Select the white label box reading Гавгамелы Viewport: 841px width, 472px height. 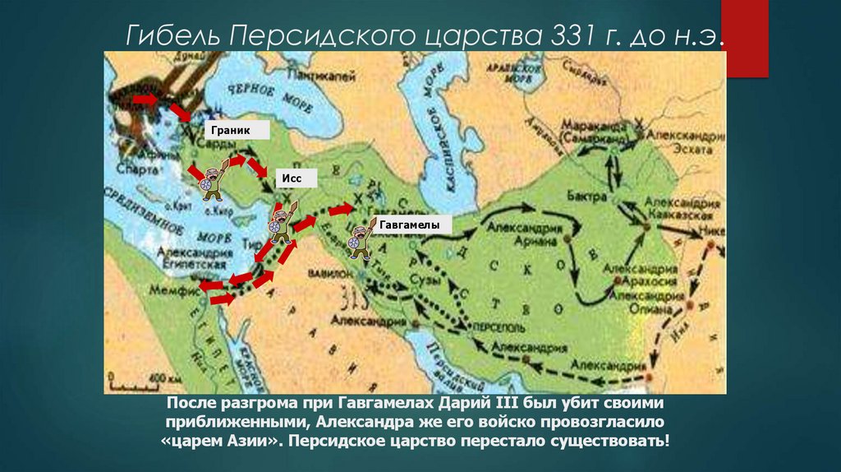409,224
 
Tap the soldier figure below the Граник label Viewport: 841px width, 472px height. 212,182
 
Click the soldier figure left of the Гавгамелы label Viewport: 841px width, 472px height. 358,237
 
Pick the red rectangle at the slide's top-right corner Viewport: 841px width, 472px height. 745,38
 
